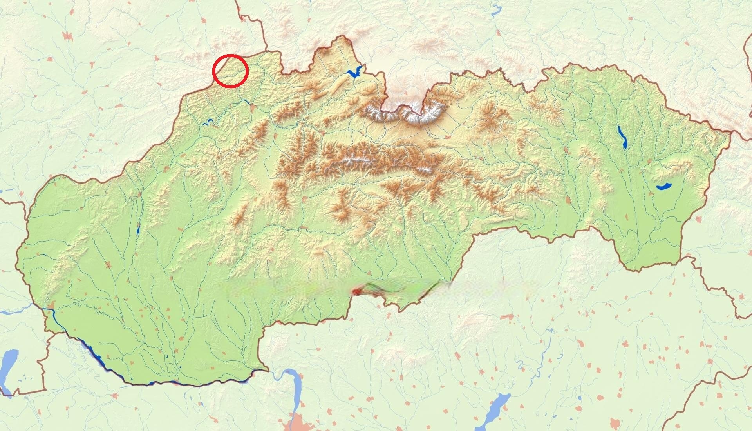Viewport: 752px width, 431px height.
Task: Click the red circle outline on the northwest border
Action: click(230, 71)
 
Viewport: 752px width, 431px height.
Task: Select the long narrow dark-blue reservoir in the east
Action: click(622, 137)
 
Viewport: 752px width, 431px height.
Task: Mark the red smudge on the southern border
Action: click(357, 291)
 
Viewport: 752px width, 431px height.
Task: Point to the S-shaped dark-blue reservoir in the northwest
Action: click(208, 122)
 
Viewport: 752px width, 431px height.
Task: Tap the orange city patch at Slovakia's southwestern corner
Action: click(51, 306)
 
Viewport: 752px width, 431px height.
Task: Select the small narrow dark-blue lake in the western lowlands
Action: click(138, 230)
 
